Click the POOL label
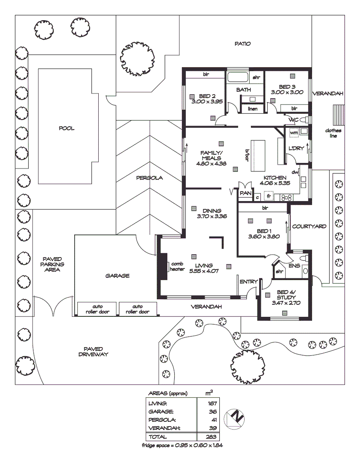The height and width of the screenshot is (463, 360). coord(67,128)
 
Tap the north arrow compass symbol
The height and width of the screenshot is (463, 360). coord(236,418)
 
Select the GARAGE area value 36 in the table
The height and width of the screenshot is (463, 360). coord(212,412)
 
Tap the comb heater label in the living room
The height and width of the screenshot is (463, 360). coord(177,266)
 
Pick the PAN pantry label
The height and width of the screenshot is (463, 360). coord(245,193)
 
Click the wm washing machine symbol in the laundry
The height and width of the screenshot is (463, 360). coord(294,133)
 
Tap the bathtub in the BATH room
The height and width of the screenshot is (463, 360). coord(237,78)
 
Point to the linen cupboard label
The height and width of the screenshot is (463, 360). coord(253,109)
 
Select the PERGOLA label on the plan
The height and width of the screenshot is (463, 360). coord(150,178)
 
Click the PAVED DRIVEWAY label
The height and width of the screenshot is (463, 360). coord(93,352)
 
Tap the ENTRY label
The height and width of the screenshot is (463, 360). coord(248,282)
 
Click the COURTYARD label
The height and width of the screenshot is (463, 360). coord(309,226)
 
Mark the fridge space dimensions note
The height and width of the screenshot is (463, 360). coord(182,445)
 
